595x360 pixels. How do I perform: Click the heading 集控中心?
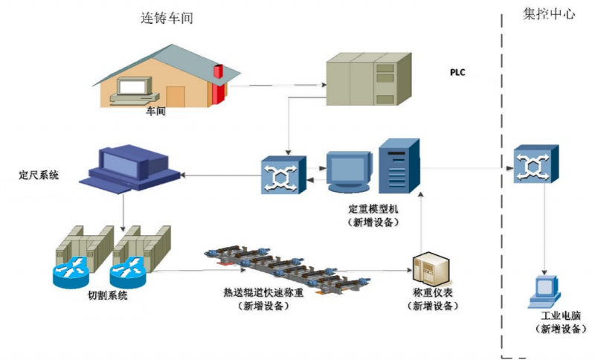(549, 14)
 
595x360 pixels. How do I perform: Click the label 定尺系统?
(39, 176)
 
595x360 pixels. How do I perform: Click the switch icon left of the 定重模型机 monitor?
(283, 176)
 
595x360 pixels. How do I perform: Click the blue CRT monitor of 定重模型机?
(347, 173)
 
